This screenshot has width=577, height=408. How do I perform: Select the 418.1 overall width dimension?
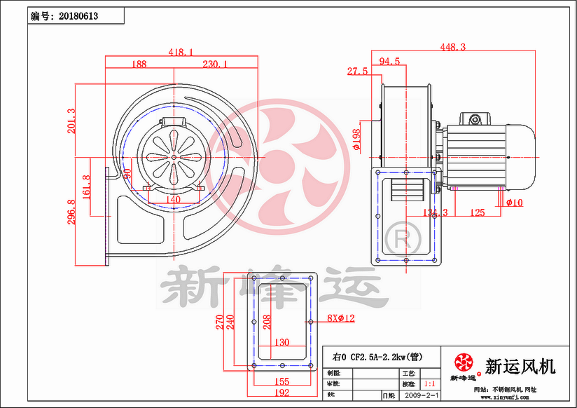point(181,51)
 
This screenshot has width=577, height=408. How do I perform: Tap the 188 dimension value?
point(139,64)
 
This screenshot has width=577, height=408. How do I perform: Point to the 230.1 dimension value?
point(216,64)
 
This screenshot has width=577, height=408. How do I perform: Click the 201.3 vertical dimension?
point(70,120)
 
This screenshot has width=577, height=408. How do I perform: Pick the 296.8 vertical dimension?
point(70,212)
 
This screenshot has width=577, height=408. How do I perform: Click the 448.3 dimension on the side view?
point(453,47)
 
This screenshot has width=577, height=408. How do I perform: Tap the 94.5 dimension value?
point(389,62)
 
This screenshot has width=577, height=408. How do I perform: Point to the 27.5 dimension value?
point(357,71)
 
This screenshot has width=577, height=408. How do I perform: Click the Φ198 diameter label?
point(356,140)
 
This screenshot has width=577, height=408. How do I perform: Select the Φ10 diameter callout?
point(514,203)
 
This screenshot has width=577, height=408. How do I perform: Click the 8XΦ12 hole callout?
point(341,318)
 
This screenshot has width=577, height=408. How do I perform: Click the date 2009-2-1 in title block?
point(422,396)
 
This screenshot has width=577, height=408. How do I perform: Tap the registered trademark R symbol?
point(404,238)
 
